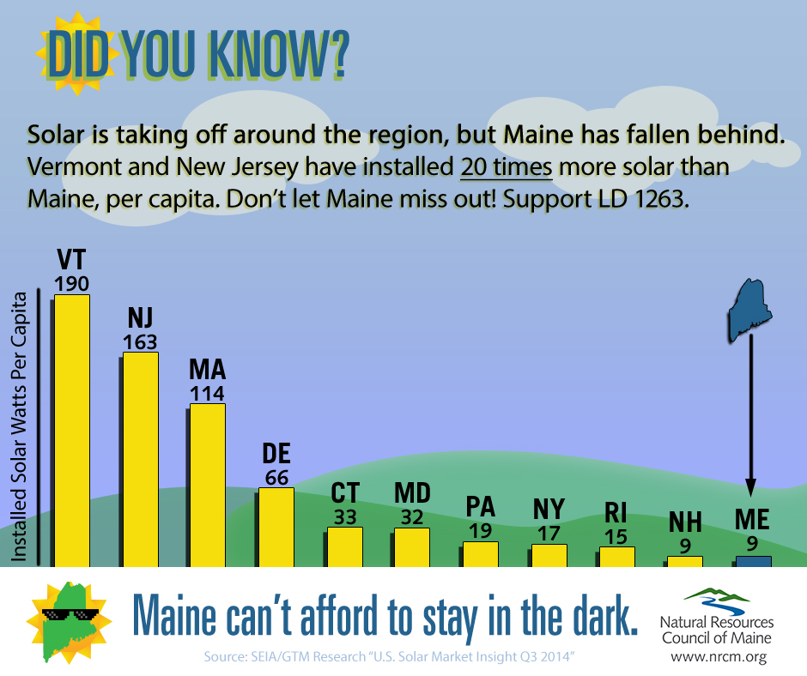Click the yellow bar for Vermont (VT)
(x=72, y=432)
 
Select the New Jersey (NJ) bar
(x=141, y=460)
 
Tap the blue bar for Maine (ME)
(x=754, y=562)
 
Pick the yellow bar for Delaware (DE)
(x=276, y=528)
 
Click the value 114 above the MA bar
(x=207, y=394)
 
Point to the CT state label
(x=345, y=493)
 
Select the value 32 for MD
(x=412, y=517)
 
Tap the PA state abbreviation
(x=480, y=507)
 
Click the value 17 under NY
(x=549, y=534)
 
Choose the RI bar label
(x=616, y=512)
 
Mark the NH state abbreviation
(x=685, y=522)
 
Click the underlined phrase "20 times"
(x=506, y=167)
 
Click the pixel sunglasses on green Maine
(x=70, y=614)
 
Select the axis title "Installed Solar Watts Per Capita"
(x=19, y=426)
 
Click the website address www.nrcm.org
(x=719, y=657)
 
